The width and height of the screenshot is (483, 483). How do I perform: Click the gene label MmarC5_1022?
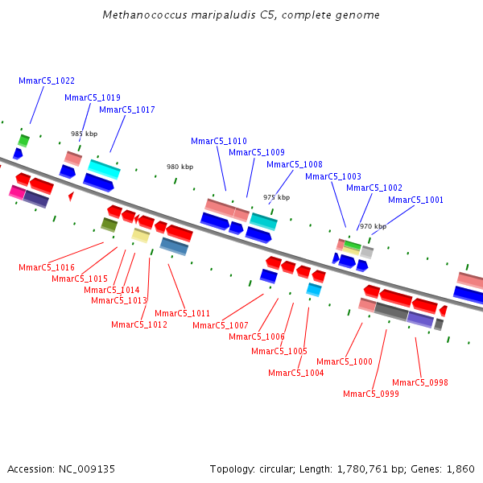pos(47,80)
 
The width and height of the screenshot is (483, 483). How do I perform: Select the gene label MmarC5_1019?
pos(93,97)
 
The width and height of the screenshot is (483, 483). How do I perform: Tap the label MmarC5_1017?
pos(127,109)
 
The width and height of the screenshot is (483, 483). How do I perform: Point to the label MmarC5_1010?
pos(219,141)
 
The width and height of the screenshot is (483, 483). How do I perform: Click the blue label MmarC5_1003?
pos(333,176)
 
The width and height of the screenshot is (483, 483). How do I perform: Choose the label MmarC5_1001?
pos(416,200)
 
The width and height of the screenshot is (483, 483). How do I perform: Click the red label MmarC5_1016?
pos(47,267)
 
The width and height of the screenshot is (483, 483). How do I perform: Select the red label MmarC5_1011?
pos(183,313)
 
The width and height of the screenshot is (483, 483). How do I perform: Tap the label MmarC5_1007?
pos(221,325)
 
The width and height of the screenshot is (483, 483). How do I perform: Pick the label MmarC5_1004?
pos(296,373)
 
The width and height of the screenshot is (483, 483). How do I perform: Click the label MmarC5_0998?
pos(420,382)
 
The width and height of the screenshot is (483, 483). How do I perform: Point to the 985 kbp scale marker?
pos(84,134)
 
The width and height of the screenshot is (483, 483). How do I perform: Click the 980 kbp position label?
pos(180,167)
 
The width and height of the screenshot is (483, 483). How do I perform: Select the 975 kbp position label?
pos(276,197)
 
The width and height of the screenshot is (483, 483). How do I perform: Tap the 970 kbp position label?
pos(373,226)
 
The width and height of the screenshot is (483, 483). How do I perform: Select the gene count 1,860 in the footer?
pos(460,469)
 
